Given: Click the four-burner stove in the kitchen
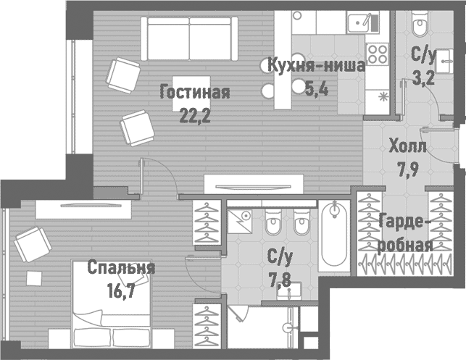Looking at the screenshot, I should pyautogui.click(x=377, y=52).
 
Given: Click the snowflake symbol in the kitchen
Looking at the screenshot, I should pyautogui.click(x=382, y=96).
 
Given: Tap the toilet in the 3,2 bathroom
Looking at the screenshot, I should pyautogui.click(x=420, y=25).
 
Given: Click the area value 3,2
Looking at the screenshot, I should pyautogui.click(x=423, y=78).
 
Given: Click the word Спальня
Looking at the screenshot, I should pyautogui.click(x=121, y=268).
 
